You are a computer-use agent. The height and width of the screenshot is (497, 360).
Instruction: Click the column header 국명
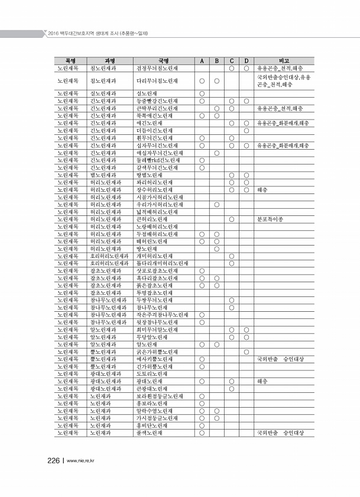pos(163,60)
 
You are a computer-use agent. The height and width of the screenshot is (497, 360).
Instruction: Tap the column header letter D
pos(246,60)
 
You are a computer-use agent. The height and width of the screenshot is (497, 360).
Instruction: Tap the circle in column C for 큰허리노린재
pos(231,219)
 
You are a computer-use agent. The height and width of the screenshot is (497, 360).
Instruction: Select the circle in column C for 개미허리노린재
pos(231,256)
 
